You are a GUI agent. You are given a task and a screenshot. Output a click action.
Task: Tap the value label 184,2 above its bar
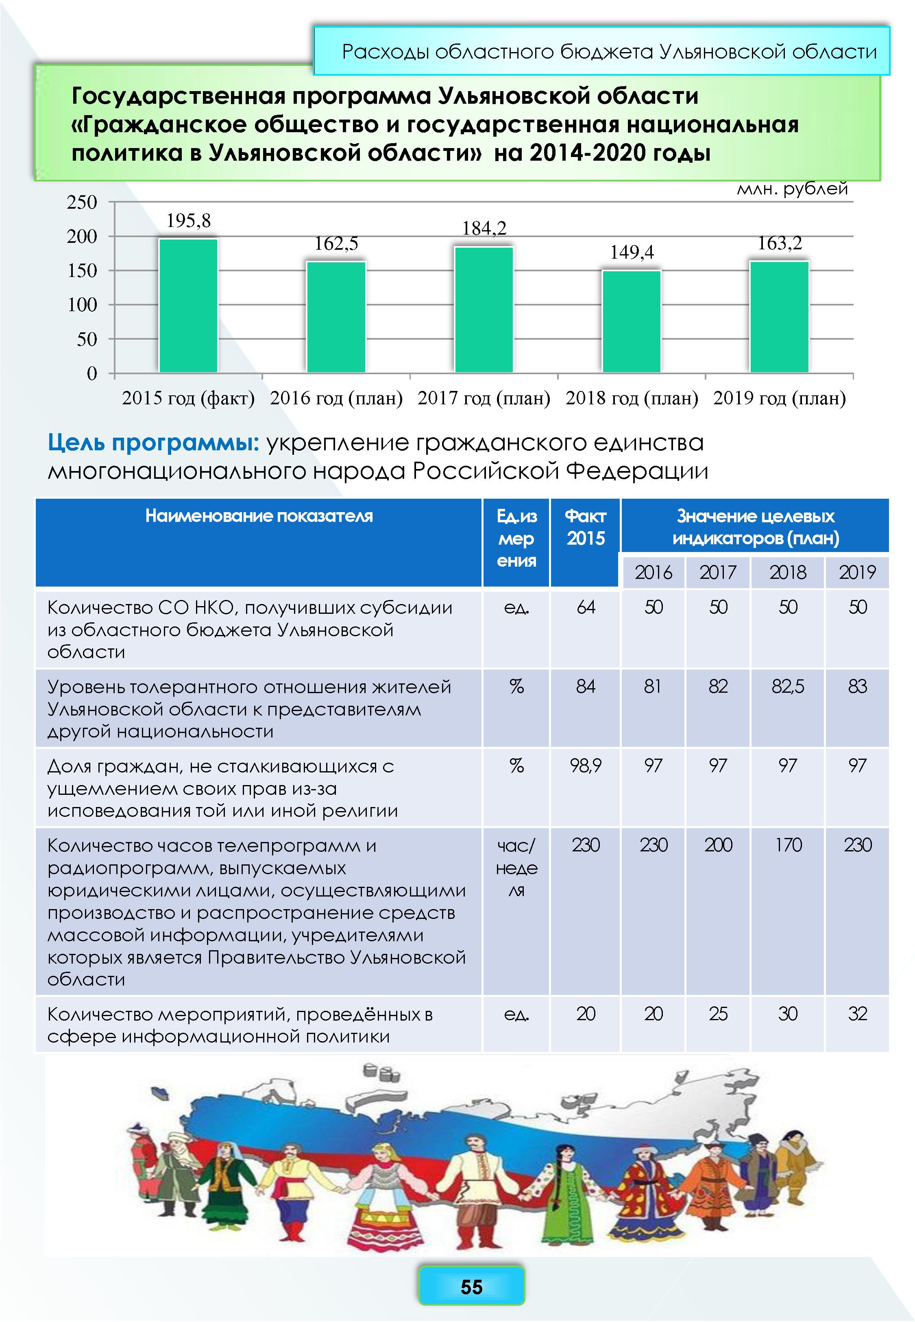(484, 228)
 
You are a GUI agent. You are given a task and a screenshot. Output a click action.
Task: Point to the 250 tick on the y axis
(83, 203)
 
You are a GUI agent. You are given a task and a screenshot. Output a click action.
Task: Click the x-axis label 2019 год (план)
(779, 398)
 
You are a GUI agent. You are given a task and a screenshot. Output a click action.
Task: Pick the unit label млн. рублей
(792, 189)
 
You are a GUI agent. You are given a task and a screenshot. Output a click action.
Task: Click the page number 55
(471, 1287)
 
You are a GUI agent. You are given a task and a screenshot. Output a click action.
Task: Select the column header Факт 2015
(585, 528)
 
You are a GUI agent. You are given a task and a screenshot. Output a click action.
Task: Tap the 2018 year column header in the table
(788, 572)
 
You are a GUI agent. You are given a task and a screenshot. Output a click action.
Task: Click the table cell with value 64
(585, 607)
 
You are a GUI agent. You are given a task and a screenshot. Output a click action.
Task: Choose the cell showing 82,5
(788, 686)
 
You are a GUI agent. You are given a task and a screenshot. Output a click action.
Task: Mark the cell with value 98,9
(585, 766)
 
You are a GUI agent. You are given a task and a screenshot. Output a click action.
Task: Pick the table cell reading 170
(788, 844)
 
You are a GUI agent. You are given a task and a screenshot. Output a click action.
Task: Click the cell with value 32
(858, 1014)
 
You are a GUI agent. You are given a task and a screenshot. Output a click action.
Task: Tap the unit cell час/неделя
(516, 867)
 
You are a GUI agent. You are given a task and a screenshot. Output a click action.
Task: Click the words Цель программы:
(154, 443)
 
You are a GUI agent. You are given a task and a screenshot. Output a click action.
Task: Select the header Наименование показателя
(259, 516)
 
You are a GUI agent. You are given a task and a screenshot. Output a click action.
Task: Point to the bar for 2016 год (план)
(336, 317)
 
